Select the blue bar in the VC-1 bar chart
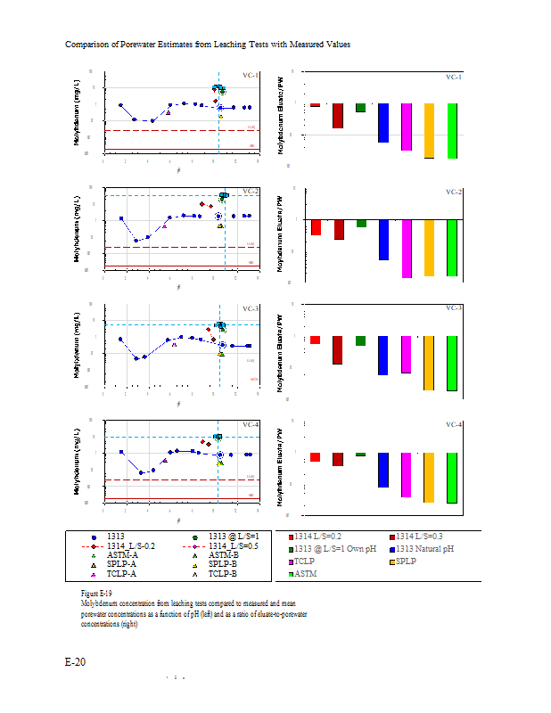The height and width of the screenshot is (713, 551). click(383, 123)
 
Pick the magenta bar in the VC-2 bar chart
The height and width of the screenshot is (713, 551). click(407, 249)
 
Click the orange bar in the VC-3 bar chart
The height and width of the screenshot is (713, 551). click(429, 363)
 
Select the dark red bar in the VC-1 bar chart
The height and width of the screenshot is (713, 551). click(338, 116)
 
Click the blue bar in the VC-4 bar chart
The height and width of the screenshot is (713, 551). click(383, 470)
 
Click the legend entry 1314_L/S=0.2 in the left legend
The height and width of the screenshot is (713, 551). click(130, 545)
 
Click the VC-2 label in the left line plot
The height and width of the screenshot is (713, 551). click(250, 192)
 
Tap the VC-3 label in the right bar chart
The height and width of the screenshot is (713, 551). click(453, 307)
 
